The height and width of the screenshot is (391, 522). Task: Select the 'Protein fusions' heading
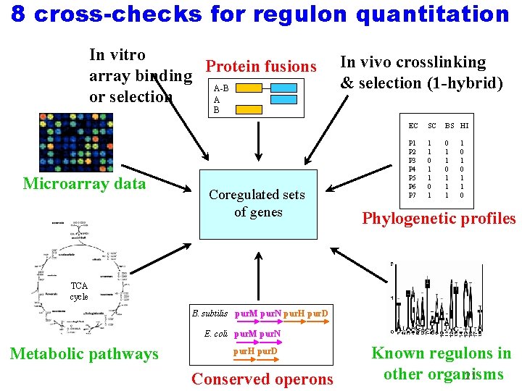pyautogui.click(x=261, y=67)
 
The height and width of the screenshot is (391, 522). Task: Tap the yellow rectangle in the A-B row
pyautogui.click(x=249, y=88)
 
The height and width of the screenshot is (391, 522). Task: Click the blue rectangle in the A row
pyautogui.click(x=283, y=99)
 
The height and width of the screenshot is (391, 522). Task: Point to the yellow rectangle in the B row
pyautogui.click(x=249, y=110)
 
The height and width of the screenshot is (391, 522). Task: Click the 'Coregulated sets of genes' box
pyautogui.click(x=257, y=203)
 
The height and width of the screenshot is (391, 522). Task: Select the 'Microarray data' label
pyautogui.click(x=84, y=184)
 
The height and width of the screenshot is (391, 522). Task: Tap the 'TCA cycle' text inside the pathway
pyautogui.click(x=79, y=292)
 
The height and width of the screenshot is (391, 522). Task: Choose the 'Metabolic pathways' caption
pyautogui.click(x=83, y=354)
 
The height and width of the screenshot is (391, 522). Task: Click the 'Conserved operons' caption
pyautogui.click(x=262, y=379)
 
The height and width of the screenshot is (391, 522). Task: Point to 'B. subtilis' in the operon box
pyautogui.click(x=210, y=314)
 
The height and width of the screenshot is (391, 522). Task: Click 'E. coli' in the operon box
pyautogui.click(x=217, y=334)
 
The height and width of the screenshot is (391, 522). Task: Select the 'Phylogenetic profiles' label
pyautogui.click(x=439, y=219)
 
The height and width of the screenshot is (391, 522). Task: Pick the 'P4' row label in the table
pyautogui.click(x=413, y=168)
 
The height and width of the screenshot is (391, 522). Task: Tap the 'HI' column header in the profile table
pyautogui.click(x=464, y=126)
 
